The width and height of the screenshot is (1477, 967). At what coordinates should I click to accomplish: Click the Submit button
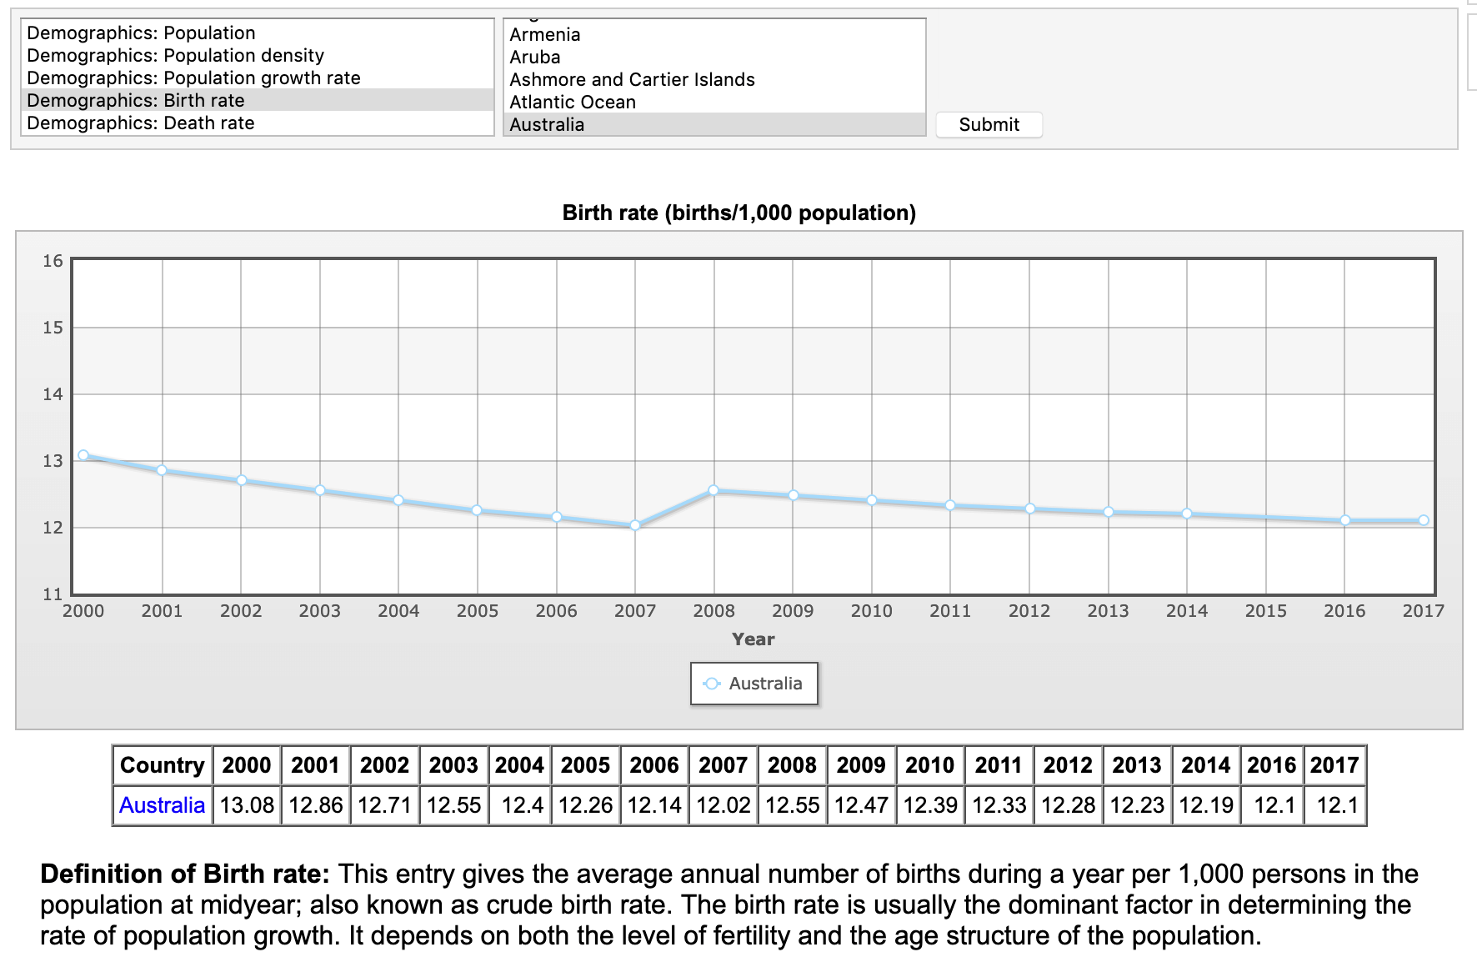tap(989, 125)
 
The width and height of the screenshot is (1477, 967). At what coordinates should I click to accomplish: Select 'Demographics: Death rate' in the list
tap(140, 123)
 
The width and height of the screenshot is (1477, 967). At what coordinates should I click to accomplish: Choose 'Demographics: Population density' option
tap(175, 56)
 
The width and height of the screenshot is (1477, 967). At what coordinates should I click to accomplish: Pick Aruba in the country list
tap(535, 58)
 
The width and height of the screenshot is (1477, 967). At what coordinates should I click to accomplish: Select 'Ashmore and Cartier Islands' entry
tap(632, 80)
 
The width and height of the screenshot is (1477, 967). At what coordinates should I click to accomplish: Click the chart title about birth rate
tap(738, 213)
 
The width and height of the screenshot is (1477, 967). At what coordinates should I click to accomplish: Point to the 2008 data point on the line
tap(713, 490)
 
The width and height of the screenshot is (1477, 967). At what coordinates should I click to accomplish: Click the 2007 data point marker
tap(635, 525)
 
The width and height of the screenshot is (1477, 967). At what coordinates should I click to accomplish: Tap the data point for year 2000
tap(83, 455)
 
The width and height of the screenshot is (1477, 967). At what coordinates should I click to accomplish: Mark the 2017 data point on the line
tap(1424, 520)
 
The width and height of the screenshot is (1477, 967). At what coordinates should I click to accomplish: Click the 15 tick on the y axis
tap(53, 328)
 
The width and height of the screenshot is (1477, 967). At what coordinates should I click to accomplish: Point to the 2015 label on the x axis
tap(1265, 611)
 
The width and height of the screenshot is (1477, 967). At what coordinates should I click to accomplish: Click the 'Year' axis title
tap(753, 639)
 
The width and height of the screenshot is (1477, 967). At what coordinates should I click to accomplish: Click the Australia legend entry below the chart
tap(754, 684)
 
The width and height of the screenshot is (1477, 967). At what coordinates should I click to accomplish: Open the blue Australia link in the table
tap(162, 805)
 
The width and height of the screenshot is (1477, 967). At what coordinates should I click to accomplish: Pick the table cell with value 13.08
tap(247, 805)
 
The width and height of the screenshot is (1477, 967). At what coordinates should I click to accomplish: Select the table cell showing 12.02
tap(723, 805)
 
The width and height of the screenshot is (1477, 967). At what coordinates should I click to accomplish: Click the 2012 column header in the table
tap(1068, 765)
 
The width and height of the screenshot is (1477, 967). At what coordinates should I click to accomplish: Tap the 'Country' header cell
tap(163, 765)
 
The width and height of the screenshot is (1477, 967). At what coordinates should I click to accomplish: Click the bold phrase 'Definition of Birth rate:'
tap(185, 874)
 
